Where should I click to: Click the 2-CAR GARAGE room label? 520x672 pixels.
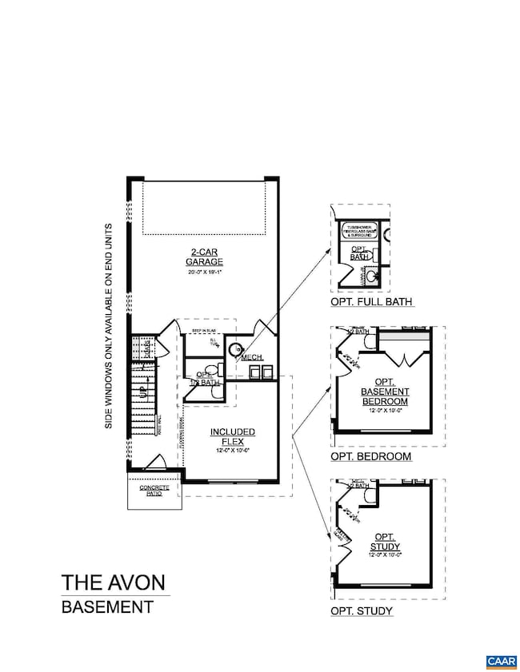[x=204, y=256]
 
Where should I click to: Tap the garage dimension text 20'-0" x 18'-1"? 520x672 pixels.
[x=204, y=272]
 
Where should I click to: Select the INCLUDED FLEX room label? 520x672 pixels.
[x=233, y=436]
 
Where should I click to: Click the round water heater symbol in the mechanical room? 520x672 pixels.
[x=236, y=349]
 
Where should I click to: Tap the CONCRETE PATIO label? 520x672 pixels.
[x=154, y=490]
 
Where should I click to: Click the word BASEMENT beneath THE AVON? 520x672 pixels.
[x=107, y=607]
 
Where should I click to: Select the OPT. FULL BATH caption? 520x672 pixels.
[x=371, y=302]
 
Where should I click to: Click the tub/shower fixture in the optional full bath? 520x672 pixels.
[x=359, y=232]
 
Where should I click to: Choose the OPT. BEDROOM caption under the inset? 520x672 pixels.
[x=370, y=457]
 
